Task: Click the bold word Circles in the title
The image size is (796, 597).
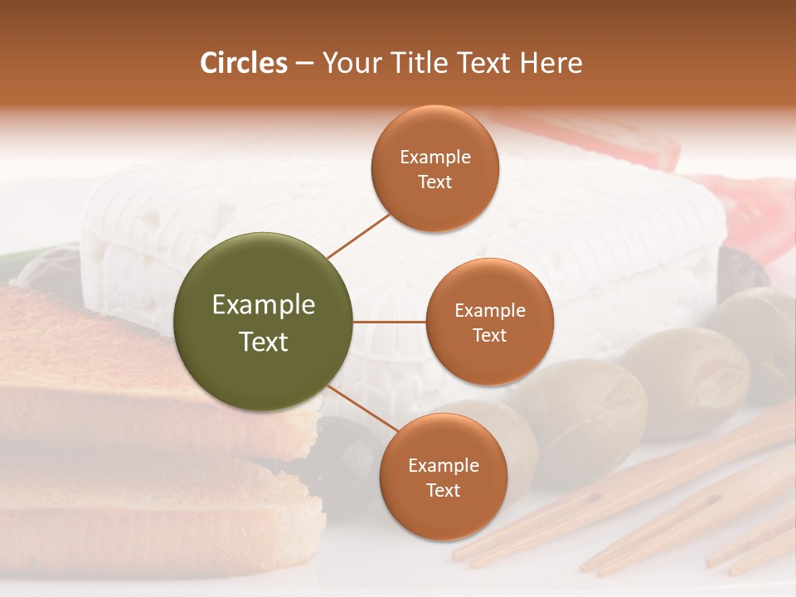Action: click(244, 63)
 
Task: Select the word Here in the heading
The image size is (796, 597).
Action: click(551, 63)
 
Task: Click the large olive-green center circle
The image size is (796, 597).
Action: click(264, 322)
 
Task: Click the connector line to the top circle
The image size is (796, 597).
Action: click(358, 235)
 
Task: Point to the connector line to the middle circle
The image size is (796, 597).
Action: click(390, 321)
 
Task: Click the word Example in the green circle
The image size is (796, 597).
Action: click(264, 305)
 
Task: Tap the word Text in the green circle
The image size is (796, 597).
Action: click(264, 342)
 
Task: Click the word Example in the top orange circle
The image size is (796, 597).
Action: click(435, 158)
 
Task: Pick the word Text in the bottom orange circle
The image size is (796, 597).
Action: click(443, 490)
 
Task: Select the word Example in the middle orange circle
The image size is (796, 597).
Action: click(489, 311)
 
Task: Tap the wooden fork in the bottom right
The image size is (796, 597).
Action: click(663, 506)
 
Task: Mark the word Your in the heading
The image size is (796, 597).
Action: click(351, 63)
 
